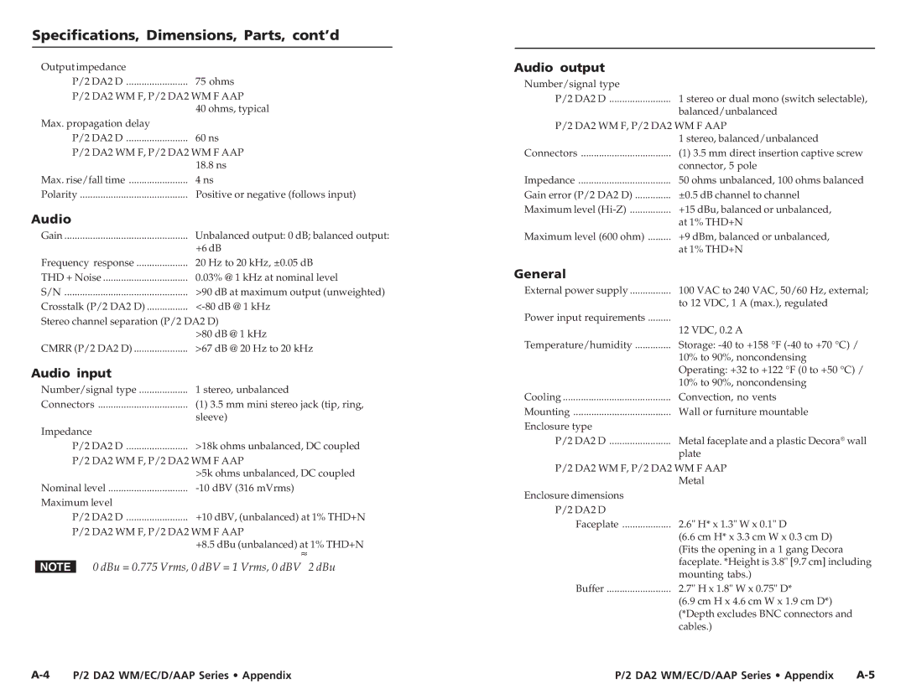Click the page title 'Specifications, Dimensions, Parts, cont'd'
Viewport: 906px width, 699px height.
click(x=185, y=35)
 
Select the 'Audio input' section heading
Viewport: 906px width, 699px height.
click(x=71, y=373)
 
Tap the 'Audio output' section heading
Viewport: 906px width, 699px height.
click(x=559, y=67)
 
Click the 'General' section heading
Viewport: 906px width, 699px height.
click(x=539, y=273)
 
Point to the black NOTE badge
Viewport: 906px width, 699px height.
click(x=55, y=567)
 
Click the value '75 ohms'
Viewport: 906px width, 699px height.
click(x=215, y=81)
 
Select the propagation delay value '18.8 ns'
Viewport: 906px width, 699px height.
click(x=211, y=165)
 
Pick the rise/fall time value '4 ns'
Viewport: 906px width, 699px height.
click(x=205, y=179)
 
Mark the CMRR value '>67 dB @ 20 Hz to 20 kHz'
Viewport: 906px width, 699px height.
click(x=254, y=348)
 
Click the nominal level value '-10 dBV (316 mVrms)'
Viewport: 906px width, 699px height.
click(x=245, y=488)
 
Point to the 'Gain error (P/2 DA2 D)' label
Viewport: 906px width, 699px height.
click(x=578, y=194)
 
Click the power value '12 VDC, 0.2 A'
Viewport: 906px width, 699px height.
click(x=711, y=330)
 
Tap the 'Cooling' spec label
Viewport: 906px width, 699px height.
click(x=543, y=397)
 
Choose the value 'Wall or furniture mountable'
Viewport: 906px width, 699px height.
click(x=743, y=412)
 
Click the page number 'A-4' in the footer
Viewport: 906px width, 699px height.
click(x=43, y=675)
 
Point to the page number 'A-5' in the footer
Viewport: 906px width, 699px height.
click(x=866, y=675)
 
